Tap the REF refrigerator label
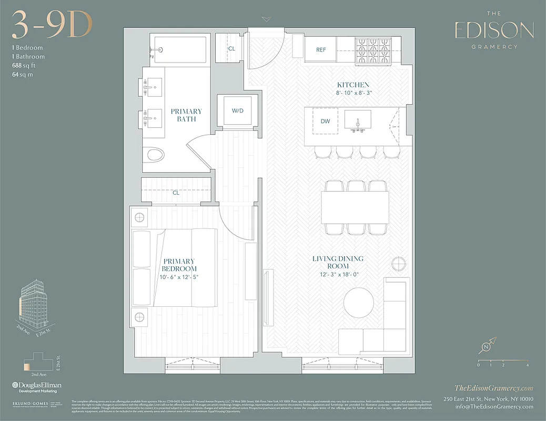(321, 50)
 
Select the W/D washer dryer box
(238, 110)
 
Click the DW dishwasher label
(325, 121)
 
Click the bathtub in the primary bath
(179, 51)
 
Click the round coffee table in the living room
(360, 304)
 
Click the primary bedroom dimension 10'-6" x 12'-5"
(179, 277)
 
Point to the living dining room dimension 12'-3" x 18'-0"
(338, 266)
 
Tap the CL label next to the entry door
(231, 48)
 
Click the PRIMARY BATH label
(186, 115)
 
